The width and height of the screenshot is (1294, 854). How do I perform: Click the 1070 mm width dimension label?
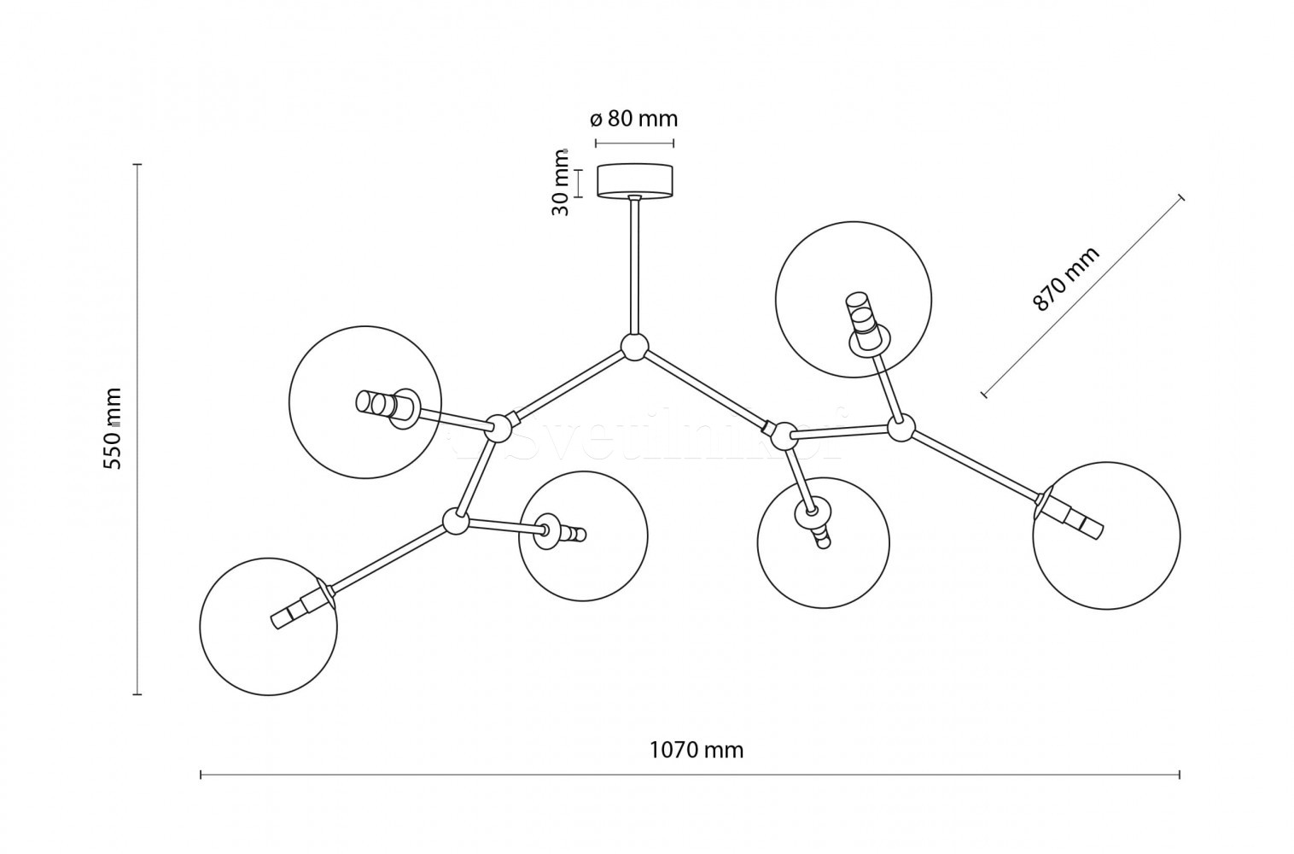pyautogui.click(x=697, y=751)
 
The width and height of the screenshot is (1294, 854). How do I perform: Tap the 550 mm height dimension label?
pyautogui.click(x=113, y=428)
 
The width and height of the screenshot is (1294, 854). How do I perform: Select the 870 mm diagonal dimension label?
pyautogui.click(x=1066, y=279)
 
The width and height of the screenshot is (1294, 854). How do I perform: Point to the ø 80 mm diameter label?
pyautogui.click(x=634, y=118)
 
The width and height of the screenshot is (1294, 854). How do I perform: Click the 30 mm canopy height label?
pyautogui.click(x=561, y=183)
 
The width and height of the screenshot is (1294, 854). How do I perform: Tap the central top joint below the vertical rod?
pyautogui.click(x=634, y=348)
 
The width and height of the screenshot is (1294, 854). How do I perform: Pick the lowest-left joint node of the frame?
pyautogui.click(x=456, y=521)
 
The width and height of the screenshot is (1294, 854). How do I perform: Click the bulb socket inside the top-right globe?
pyautogui.click(x=863, y=324)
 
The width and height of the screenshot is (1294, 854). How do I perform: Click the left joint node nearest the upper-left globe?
pyautogui.click(x=498, y=425)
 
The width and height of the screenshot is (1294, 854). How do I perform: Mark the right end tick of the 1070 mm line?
pyautogui.click(x=1180, y=775)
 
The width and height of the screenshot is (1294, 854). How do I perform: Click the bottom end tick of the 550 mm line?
pyautogui.click(x=137, y=695)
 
